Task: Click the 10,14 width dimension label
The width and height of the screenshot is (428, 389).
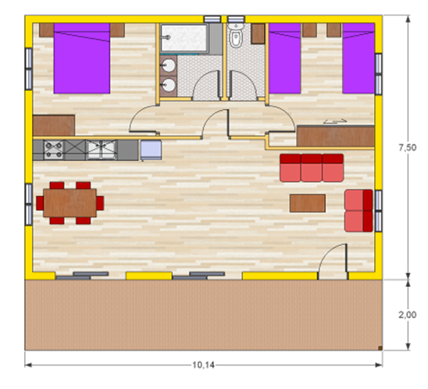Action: point(203,365)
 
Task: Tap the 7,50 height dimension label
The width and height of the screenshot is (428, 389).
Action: point(408,147)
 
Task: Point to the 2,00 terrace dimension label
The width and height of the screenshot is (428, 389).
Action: point(408,315)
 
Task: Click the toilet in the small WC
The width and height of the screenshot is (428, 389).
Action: point(236,36)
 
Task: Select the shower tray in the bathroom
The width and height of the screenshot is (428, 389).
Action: point(184,38)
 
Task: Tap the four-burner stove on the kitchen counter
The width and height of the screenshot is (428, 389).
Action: point(54,150)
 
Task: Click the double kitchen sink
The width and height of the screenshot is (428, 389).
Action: point(102,150)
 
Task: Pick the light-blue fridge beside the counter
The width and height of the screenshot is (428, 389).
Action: point(151,150)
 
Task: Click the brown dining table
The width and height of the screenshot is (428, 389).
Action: point(70,203)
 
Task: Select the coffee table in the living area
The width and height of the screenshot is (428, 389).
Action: point(308,203)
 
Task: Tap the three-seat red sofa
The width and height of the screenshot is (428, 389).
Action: point(312,168)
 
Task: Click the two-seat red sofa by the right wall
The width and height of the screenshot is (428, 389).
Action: point(358,210)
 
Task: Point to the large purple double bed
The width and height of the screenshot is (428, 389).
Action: point(82,58)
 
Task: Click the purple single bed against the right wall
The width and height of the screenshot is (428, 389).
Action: point(358,58)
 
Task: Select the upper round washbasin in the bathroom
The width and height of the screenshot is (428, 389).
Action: point(168,65)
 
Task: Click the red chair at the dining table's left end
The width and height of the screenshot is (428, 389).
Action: point(40,203)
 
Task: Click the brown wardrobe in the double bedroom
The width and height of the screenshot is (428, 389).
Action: point(54,126)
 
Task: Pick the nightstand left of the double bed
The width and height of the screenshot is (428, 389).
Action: point(46,30)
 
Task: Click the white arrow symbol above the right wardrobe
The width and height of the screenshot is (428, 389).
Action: point(335,121)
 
